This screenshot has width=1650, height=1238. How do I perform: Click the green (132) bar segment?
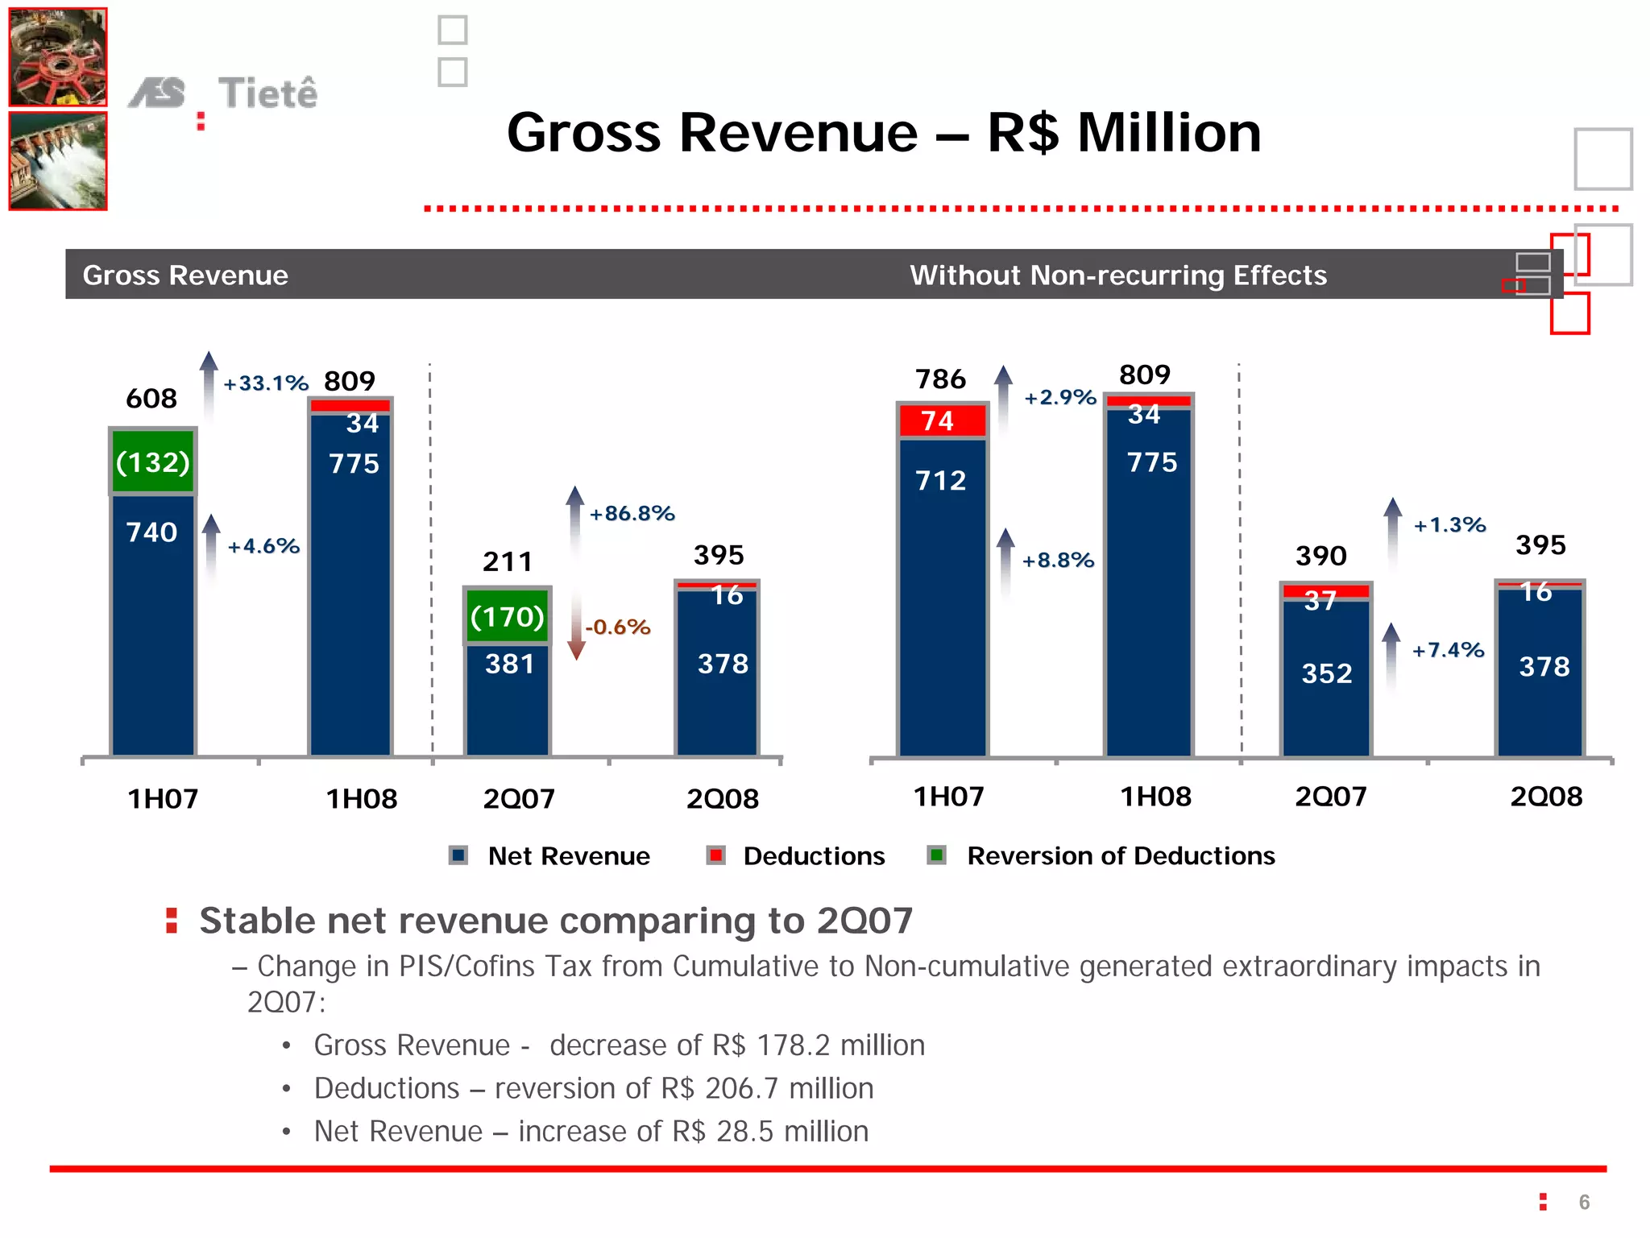click(153, 462)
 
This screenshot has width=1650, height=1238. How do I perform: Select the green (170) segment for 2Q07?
click(508, 616)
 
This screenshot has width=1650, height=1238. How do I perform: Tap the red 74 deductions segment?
click(941, 420)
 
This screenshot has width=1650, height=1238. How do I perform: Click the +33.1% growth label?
click(266, 383)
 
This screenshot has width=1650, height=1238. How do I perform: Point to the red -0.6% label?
click(618, 627)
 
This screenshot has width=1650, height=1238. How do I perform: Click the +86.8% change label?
click(632, 513)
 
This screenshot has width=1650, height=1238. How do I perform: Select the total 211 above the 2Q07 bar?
click(508, 561)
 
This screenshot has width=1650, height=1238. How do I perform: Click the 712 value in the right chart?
click(941, 481)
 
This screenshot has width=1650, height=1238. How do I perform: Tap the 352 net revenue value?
click(1327, 673)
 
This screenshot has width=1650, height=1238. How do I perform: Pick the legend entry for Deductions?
click(814, 855)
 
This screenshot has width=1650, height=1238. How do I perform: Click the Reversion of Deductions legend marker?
click(936, 855)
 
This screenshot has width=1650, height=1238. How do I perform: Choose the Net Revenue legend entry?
click(568, 855)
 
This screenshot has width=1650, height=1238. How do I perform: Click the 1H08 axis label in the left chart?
click(362, 799)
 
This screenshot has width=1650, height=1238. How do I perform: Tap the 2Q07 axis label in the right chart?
click(1331, 797)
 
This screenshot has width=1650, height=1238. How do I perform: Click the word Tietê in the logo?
click(268, 93)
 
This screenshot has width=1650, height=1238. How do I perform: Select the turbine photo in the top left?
click(58, 58)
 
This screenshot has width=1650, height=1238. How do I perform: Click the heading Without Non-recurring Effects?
click(1118, 275)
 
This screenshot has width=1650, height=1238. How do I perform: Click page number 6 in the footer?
click(1584, 1202)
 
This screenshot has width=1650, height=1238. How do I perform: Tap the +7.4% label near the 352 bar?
click(1448, 650)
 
